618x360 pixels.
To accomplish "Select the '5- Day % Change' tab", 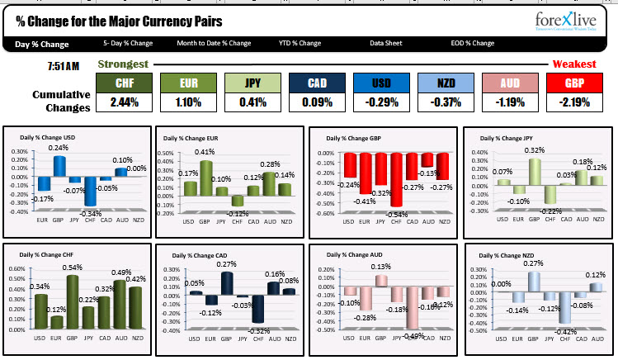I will pyautogui.click(x=128, y=43).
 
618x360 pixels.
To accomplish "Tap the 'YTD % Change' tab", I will pyautogui.click(x=300, y=43).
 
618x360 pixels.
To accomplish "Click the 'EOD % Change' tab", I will pyautogui.click(x=472, y=43).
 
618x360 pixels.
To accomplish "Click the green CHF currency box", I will pyautogui.click(x=125, y=83).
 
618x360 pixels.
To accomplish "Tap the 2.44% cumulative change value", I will pyautogui.click(x=125, y=102).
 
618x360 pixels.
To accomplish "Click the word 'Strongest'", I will pyautogui.click(x=123, y=64).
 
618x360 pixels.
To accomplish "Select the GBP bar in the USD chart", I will pyautogui.click(x=59, y=165).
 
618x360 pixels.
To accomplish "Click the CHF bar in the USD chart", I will pyautogui.click(x=89, y=191).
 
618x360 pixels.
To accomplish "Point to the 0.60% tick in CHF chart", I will pyautogui.click(x=16, y=270).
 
